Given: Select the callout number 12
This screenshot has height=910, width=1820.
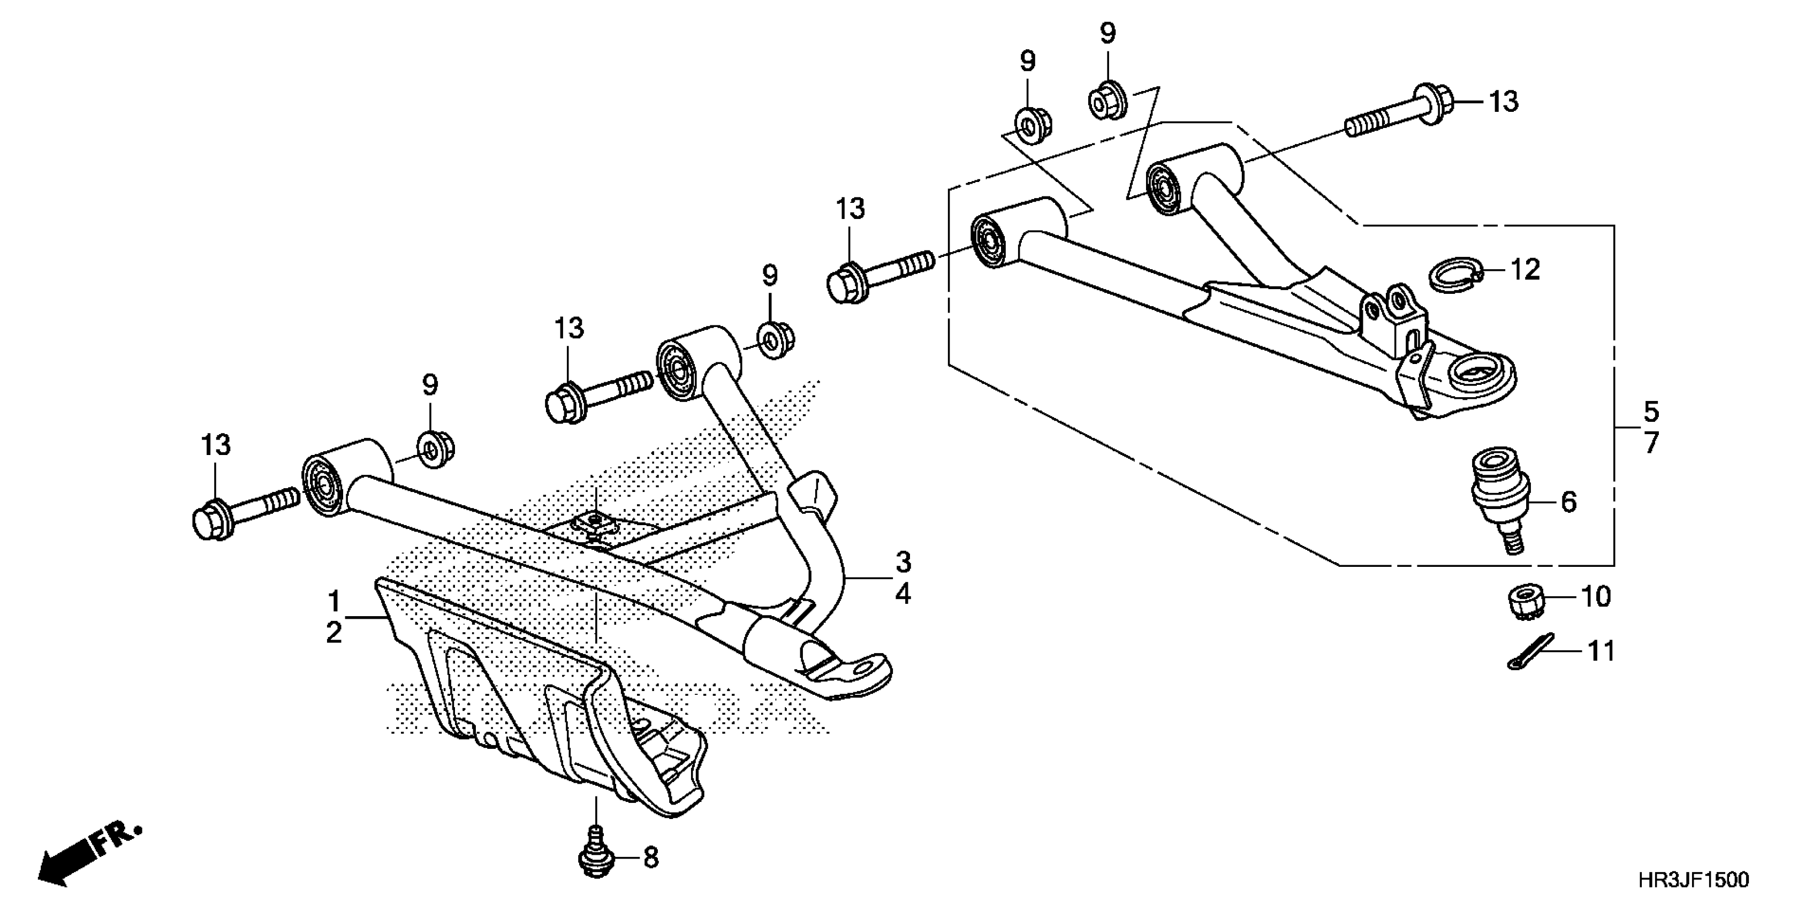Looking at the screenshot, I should click(1525, 270).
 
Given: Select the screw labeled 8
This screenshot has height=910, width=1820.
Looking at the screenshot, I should click(596, 859).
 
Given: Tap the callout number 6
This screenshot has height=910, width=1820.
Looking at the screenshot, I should click(1568, 502).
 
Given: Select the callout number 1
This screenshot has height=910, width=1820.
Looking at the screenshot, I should click(333, 603).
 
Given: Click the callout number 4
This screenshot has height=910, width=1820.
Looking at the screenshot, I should click(903, 595).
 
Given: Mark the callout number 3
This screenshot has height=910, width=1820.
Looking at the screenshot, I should click(903, 563).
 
